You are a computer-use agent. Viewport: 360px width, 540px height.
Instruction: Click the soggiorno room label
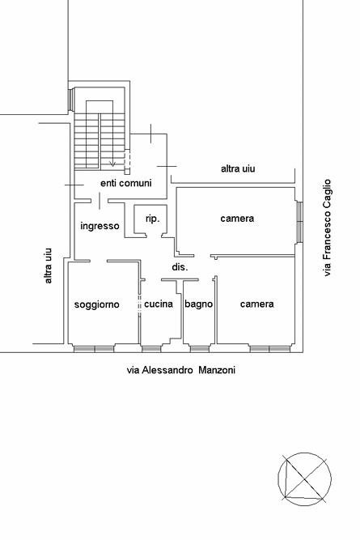click(97, 304)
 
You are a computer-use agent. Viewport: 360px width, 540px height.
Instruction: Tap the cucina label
click(159, 304)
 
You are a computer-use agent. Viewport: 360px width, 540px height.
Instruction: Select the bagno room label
click(198, 304)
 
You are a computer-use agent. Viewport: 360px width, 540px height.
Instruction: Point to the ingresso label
click(100, 226)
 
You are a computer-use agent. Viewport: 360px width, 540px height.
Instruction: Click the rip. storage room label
click(152, 219)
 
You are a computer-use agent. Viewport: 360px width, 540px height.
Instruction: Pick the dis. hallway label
click(180, 267)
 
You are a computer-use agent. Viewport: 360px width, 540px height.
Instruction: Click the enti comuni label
click(126, 183)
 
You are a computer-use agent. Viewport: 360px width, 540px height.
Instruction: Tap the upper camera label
click(237, 219)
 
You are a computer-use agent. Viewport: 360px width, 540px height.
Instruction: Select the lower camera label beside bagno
click(257, 304)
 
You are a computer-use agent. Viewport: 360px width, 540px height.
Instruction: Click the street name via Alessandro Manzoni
click(181, 370)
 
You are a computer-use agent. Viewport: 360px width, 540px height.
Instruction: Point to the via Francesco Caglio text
click(327, 227)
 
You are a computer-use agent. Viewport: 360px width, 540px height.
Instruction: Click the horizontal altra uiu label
click(238, 168)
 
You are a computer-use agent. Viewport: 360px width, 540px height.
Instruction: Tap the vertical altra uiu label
click(49, 266)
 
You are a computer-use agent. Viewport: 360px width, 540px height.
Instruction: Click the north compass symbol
click(305, 478)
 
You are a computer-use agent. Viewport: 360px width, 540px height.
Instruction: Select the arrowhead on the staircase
click(112, 164)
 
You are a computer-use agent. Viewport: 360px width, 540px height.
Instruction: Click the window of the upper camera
click(300, 222)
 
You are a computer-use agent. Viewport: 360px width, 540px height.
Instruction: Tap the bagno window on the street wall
click(200, 349)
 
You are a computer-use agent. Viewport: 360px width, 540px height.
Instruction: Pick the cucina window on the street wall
click(151, 349)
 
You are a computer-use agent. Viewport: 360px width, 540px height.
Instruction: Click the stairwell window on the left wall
click(70, 100)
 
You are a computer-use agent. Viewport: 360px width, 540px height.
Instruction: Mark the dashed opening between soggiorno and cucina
click(139, 304)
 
